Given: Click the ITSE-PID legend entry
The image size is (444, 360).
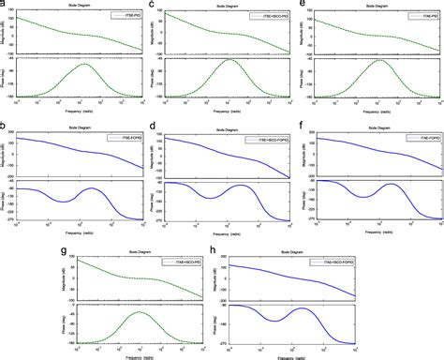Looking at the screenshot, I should coord(122,16).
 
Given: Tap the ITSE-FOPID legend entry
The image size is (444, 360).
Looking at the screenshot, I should coord(122,139).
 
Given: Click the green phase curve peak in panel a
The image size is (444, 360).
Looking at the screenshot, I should coord(84,64).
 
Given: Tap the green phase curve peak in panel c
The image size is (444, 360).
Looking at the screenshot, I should coord(230,60).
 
